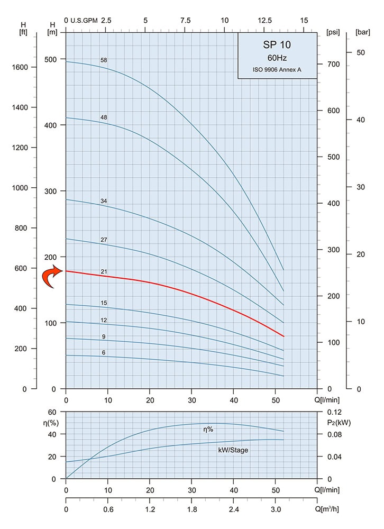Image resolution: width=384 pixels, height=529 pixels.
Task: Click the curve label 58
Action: [x=104, y=60]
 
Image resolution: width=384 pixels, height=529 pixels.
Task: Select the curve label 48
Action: [x=104, y=117]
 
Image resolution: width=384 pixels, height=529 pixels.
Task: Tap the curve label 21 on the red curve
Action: [x=104, y=272]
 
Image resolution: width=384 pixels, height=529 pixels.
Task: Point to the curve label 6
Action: [x=104, y=352]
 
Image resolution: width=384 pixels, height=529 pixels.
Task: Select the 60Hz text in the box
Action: [x=277, y=58]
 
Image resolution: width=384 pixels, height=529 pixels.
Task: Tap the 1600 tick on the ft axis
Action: [x=19, y=67]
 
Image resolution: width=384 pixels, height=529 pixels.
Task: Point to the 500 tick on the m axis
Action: [x=51, y=59]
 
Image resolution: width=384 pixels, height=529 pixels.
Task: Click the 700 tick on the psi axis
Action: [x=332, y=64]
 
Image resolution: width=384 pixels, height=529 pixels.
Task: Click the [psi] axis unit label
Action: [x=333, y=32]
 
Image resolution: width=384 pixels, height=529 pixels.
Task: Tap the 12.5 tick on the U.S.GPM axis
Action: [x=264, y=20]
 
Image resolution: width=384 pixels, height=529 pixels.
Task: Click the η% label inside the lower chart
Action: [x=208, y=430]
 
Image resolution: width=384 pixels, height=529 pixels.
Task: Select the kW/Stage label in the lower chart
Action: [x=233, y=450]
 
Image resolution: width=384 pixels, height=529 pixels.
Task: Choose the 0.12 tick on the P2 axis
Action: [x=335, y=412]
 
